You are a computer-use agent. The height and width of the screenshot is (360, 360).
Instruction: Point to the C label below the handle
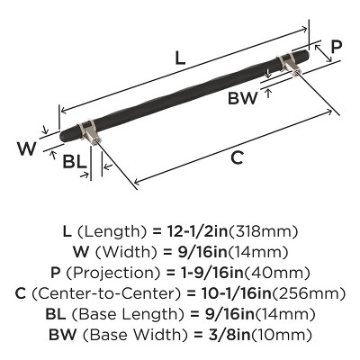(x=237, y=158)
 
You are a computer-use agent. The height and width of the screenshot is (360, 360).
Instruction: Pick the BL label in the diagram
(x=75, y=163)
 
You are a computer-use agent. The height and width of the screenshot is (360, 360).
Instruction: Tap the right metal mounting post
(x=291, y=65)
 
